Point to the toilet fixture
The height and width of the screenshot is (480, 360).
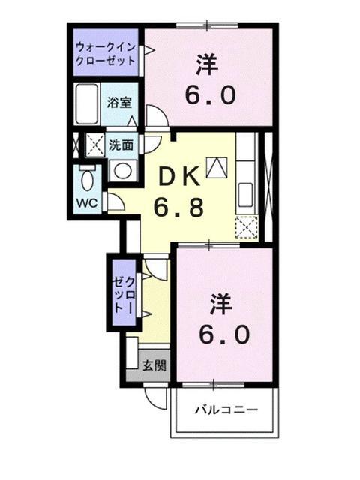[x=87, y=179]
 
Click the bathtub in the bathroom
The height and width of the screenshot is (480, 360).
[x=87, y=106]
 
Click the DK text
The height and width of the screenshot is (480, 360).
[x=178, y=177]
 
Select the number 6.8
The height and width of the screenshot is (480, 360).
[x=179, y=206]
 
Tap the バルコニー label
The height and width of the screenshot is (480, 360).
[x=227, y=409]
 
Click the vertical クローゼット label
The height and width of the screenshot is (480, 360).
[x=123, y=293]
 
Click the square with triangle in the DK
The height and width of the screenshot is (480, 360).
[x=216, y=167]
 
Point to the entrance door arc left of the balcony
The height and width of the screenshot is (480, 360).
[x=156, y=398]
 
